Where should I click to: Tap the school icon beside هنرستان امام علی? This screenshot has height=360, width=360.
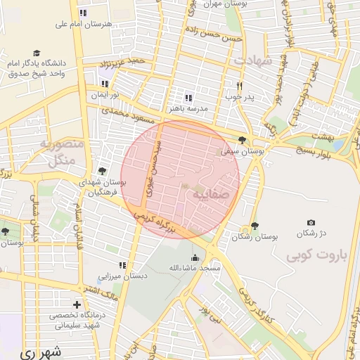point(83,13)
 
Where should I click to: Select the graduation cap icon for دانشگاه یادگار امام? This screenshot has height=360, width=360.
point(36,53)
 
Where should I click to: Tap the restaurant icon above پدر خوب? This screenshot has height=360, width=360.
point(239,84)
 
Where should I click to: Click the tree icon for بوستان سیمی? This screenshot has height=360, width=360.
point(243,139)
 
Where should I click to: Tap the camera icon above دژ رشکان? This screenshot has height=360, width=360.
point(311,222)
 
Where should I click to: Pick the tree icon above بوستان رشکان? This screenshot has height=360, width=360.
point(254,226)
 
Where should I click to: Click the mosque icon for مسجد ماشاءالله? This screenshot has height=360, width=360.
point(195,257)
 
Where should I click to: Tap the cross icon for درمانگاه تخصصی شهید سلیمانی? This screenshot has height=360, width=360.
point(77,304)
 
